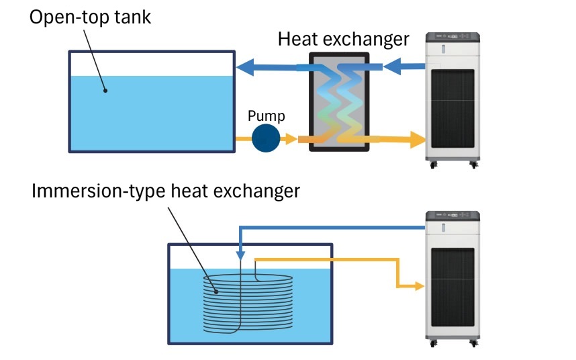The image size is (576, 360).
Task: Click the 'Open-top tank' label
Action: coord(90,17)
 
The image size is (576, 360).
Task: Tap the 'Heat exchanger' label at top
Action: coord(343,38)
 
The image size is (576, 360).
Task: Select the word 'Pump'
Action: coord(266,116)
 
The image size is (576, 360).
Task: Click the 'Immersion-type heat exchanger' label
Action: coord(165,191)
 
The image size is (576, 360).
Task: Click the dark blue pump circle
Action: coord(266,138)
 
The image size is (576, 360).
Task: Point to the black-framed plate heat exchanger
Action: coord(338,101)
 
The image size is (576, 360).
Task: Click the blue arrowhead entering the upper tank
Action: coord(244,66)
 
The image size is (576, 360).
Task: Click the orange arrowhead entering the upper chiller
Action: coord(418,140)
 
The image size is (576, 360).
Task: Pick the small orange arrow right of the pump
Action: coord(289,139)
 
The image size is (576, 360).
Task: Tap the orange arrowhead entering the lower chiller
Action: coord(420,286)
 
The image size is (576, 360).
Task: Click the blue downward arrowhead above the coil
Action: coord(240,257)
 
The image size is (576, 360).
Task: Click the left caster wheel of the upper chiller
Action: coord(432,165)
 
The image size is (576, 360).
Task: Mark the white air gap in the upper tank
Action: coord(151,64)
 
